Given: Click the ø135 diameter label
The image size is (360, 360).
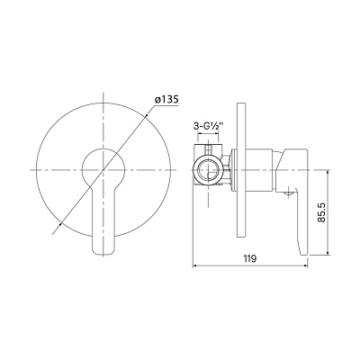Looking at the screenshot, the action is pyautogui.click(x=166, y=99).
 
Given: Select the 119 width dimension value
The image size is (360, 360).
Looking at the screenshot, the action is pyautogui.click(x=250, y=258).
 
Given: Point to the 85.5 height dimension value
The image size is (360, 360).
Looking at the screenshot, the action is pyautogui.click(x=321, y=212).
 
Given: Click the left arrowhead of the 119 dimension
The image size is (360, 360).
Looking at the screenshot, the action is pyautogui.click(x=194, y=265).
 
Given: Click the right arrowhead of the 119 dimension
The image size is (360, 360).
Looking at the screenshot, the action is pyautogui.click(x=306, y=265).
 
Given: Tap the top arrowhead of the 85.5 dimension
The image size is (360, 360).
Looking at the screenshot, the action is pyautogui.click(x=328, y=173).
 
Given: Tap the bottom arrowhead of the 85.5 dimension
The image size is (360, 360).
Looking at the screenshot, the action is pyautogui.click(x=328, y=253).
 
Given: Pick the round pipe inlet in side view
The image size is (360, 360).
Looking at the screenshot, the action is pyautogui.click(x=208, y=170).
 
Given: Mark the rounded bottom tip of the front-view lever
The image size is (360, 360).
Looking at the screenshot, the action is pyautogui.click(x=103, y=255).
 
